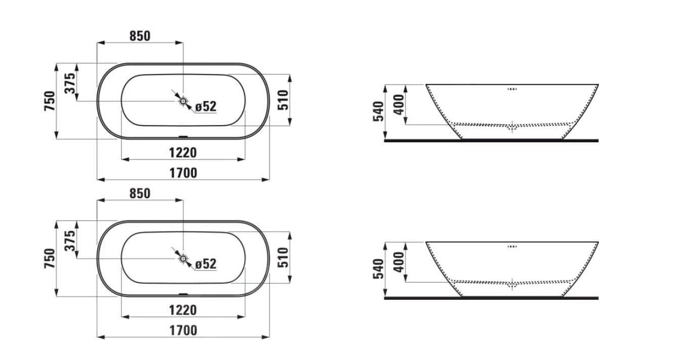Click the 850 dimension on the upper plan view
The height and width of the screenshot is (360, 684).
pos(140,36)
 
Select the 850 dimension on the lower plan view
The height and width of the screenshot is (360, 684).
pos(140,193)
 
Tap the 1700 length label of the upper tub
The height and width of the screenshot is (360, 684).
pos(183,173)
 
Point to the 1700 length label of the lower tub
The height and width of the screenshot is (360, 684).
pos(183,331)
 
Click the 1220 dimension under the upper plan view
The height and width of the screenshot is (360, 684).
pos(183,153)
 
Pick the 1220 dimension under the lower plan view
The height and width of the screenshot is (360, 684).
pos(183,310)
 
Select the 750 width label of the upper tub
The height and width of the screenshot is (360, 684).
pos(50,101)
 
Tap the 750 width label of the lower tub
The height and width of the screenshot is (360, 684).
pos(50,258)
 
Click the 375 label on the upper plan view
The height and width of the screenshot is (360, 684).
pos(70,83)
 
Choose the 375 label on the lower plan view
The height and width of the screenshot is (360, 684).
pos(70,241)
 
